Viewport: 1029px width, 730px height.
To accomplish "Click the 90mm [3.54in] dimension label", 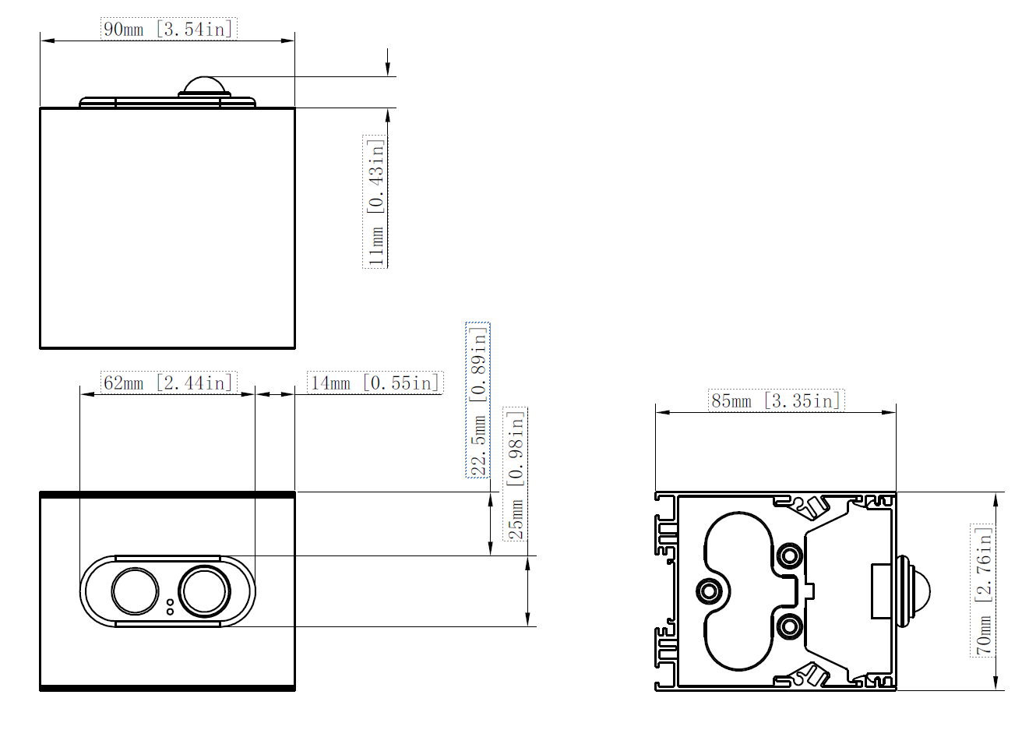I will [x=167, y=30].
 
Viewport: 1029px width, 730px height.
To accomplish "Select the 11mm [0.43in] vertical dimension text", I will [x=375, y=203].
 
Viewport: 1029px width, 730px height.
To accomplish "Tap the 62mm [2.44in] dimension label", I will [x=167, y=383].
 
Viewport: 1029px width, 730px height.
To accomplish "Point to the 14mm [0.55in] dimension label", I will [x=375, y=383].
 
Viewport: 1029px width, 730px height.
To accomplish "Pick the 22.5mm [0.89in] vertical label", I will [x=478, y=400].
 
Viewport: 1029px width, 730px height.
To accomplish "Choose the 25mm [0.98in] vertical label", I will [x=516, y=474].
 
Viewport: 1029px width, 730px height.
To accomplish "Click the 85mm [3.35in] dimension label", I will [x=776, y=400].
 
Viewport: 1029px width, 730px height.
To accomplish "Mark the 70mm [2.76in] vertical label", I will [x=983, y=591].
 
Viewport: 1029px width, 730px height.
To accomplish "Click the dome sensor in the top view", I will [x=204, y=86].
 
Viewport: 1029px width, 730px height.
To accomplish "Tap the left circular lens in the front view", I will [x=136, y=591].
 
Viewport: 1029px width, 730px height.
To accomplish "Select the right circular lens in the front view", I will [x=204, y=591].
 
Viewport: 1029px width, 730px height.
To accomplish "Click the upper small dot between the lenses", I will [x=170, y=602].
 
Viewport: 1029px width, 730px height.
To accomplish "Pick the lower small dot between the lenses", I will [x=170, y=612].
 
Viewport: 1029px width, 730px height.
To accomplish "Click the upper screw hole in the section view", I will [x=790, y=555].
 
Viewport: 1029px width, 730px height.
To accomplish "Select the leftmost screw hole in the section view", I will [x=709, y=591].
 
